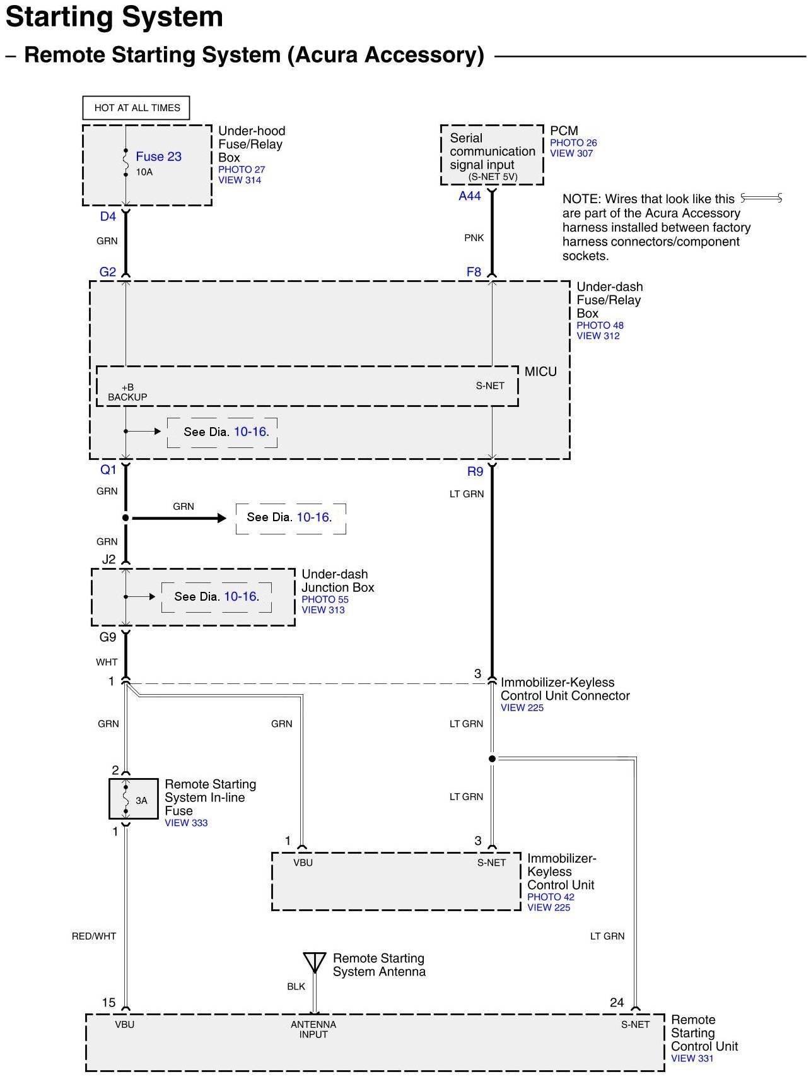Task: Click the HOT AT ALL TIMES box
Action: [136, 108]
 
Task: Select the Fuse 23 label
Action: [158, 156]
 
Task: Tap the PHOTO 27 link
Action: [242, 170]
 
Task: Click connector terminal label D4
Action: [108, 216]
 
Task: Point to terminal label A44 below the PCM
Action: [470, 196]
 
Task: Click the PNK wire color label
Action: [474, 238]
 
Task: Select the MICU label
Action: [540, 372]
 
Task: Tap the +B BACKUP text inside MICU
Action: [127, 392]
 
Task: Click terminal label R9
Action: [475, 471]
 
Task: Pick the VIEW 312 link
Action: [598, 336]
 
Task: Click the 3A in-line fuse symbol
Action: [133, 799]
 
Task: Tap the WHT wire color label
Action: [107, 662]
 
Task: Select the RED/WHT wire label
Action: [94, 936]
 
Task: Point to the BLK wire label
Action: [296, 986]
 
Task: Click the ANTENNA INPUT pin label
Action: [313, 1029]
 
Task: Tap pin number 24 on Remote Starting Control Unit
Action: [616, 1003]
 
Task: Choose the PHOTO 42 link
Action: [551, 897]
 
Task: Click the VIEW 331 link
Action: [692, 1058]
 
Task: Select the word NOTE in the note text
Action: [580, 199]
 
